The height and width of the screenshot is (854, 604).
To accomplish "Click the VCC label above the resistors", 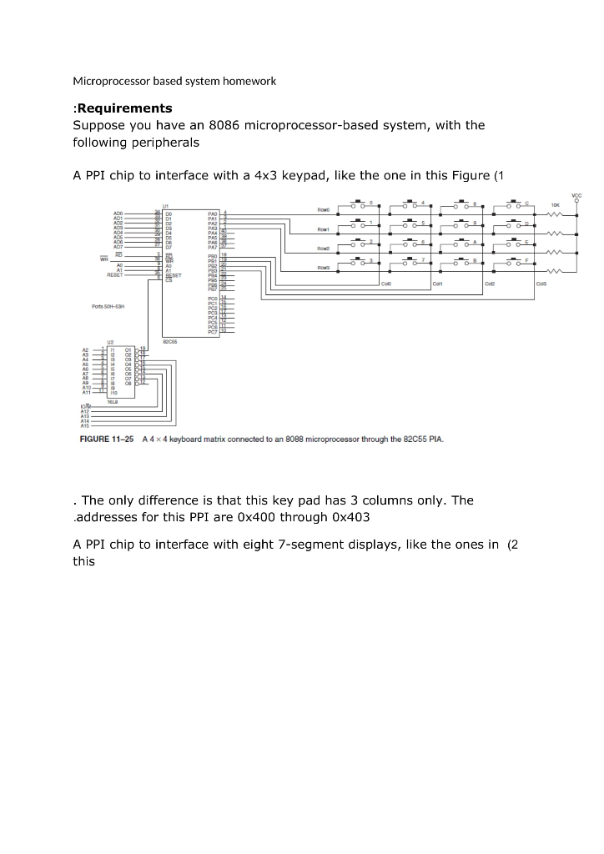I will pos(576,195).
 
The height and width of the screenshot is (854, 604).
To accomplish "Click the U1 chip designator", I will pos(166,204).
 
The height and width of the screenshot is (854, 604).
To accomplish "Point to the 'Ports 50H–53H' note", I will pos(108,307).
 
